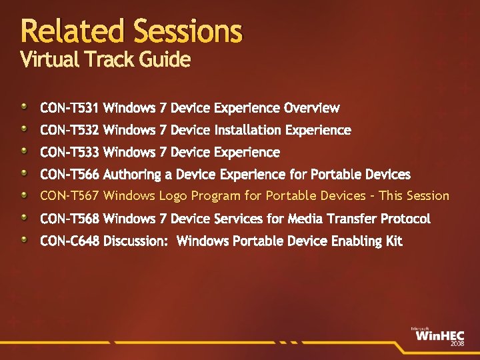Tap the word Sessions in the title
188,31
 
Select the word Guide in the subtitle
165,59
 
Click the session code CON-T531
69,108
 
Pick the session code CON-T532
69,130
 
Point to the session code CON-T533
69,152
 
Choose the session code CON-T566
69,174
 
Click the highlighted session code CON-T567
69,195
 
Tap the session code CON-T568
69,219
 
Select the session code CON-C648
69,241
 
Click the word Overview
311,108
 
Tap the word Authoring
132,175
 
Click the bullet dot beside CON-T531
24,107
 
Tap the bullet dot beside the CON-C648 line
24,239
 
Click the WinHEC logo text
440,336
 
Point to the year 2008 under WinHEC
457,343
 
